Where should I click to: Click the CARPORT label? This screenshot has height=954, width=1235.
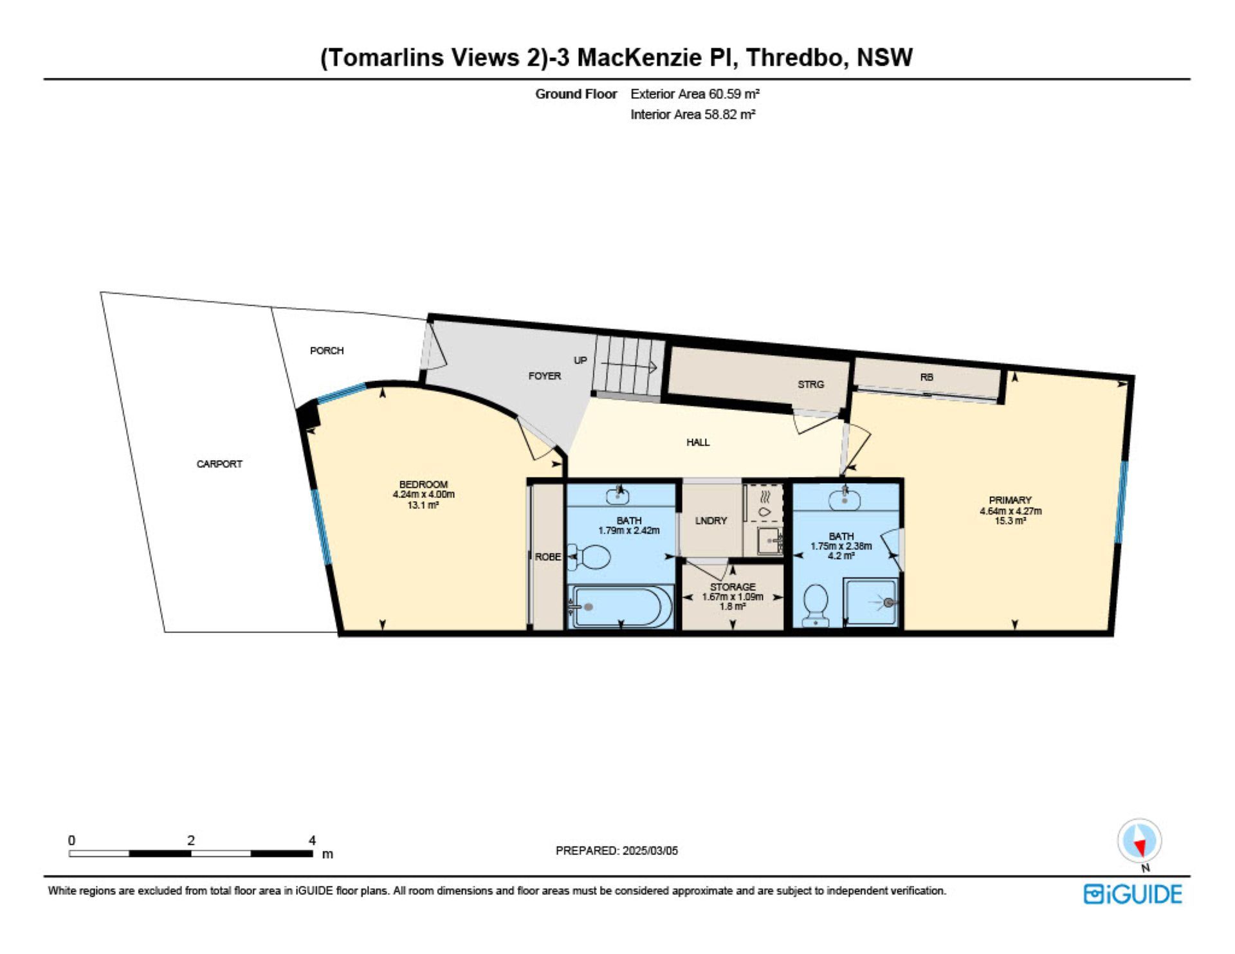point(219,464)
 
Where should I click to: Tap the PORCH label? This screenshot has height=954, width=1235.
point(327,351)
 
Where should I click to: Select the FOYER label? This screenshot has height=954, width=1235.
point(545,376)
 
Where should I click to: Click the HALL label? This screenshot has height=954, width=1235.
point(698,442)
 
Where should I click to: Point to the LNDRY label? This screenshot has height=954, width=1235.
point(711,520)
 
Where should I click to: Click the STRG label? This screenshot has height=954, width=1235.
point(810,384)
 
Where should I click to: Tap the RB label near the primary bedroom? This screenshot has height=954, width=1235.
point(926,377)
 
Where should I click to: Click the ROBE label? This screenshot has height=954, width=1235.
point(548,556)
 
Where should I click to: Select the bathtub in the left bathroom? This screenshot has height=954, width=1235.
point(621,606)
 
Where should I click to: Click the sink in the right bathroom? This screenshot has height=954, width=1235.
point(845,499)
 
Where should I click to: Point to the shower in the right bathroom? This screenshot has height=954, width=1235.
point(870,603)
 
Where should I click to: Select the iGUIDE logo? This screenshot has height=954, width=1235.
point(1133,894)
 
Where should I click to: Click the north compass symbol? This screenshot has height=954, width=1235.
point(1139,841)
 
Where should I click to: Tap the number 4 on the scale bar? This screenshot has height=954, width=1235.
point(312,840)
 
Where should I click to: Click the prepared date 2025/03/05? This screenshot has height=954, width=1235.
point(650,850)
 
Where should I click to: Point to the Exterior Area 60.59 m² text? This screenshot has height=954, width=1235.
point(695,94)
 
